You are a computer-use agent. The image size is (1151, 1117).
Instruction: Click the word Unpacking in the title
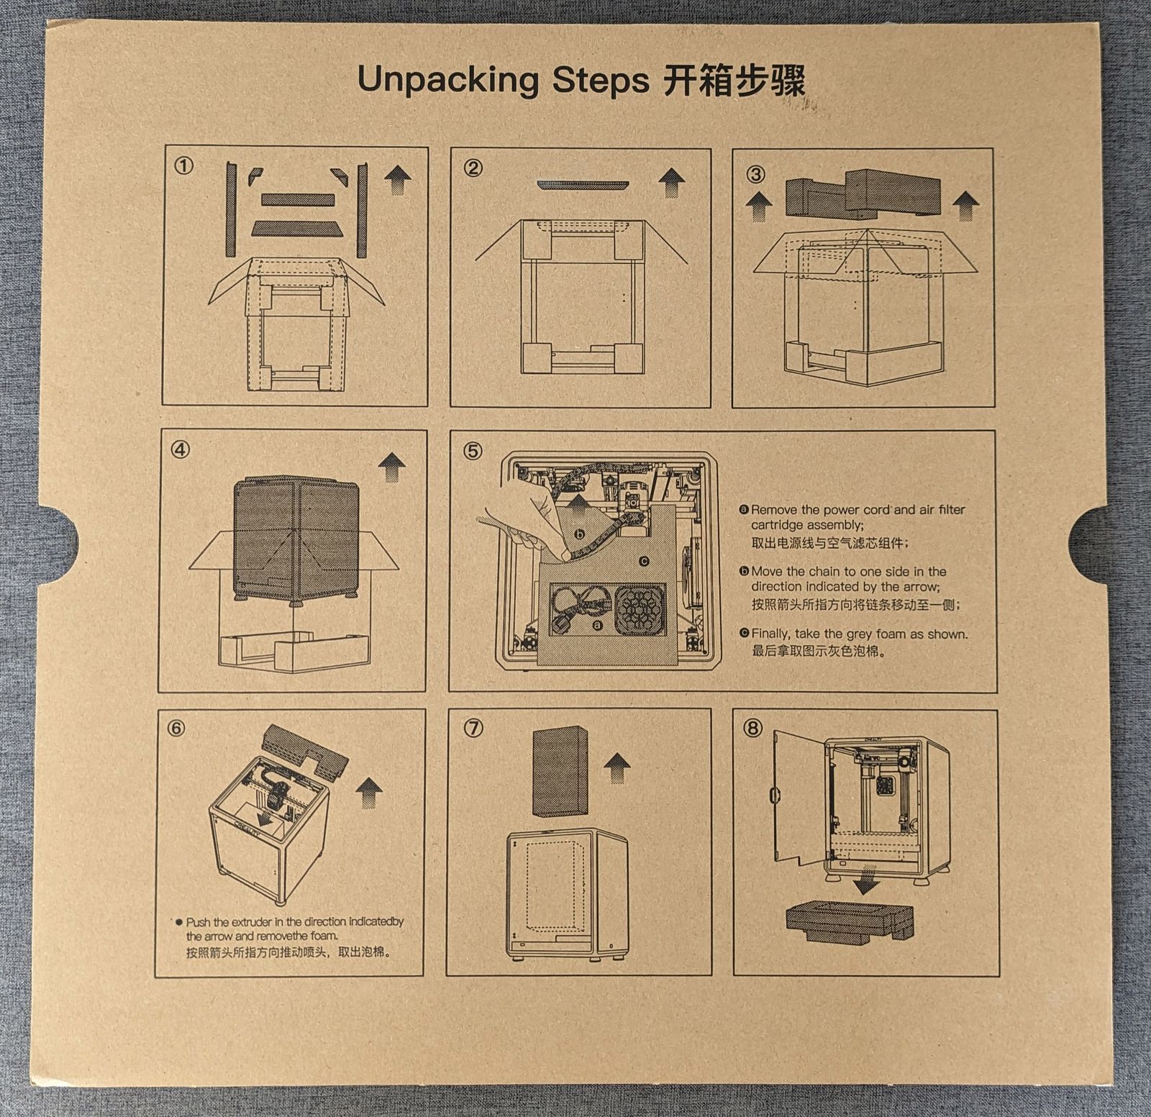(447, 81)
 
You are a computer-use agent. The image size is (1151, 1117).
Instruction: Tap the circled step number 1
(183, 166)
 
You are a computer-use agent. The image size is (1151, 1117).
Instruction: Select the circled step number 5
(473, 451)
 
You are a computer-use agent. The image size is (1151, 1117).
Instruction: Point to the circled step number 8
(752, 728)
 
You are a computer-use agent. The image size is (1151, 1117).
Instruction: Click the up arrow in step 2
(672, 182)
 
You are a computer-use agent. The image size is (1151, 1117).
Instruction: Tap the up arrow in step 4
(392, 468)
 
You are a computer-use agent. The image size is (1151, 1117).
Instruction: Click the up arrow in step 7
(617, 768)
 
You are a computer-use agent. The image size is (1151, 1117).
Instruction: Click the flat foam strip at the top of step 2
(583, 185)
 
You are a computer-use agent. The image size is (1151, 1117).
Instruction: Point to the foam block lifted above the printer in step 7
(560, 772)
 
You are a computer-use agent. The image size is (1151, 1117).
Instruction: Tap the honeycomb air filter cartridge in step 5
(639, 608)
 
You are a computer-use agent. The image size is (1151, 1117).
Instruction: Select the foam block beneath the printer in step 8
(850, 921)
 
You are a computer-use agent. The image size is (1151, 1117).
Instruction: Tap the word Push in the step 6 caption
(198, 921)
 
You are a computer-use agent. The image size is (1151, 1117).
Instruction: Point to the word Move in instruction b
(767, 572)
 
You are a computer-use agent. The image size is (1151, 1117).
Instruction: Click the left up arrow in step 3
(758, 206)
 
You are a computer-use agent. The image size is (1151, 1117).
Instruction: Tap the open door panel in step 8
(799, 798)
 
